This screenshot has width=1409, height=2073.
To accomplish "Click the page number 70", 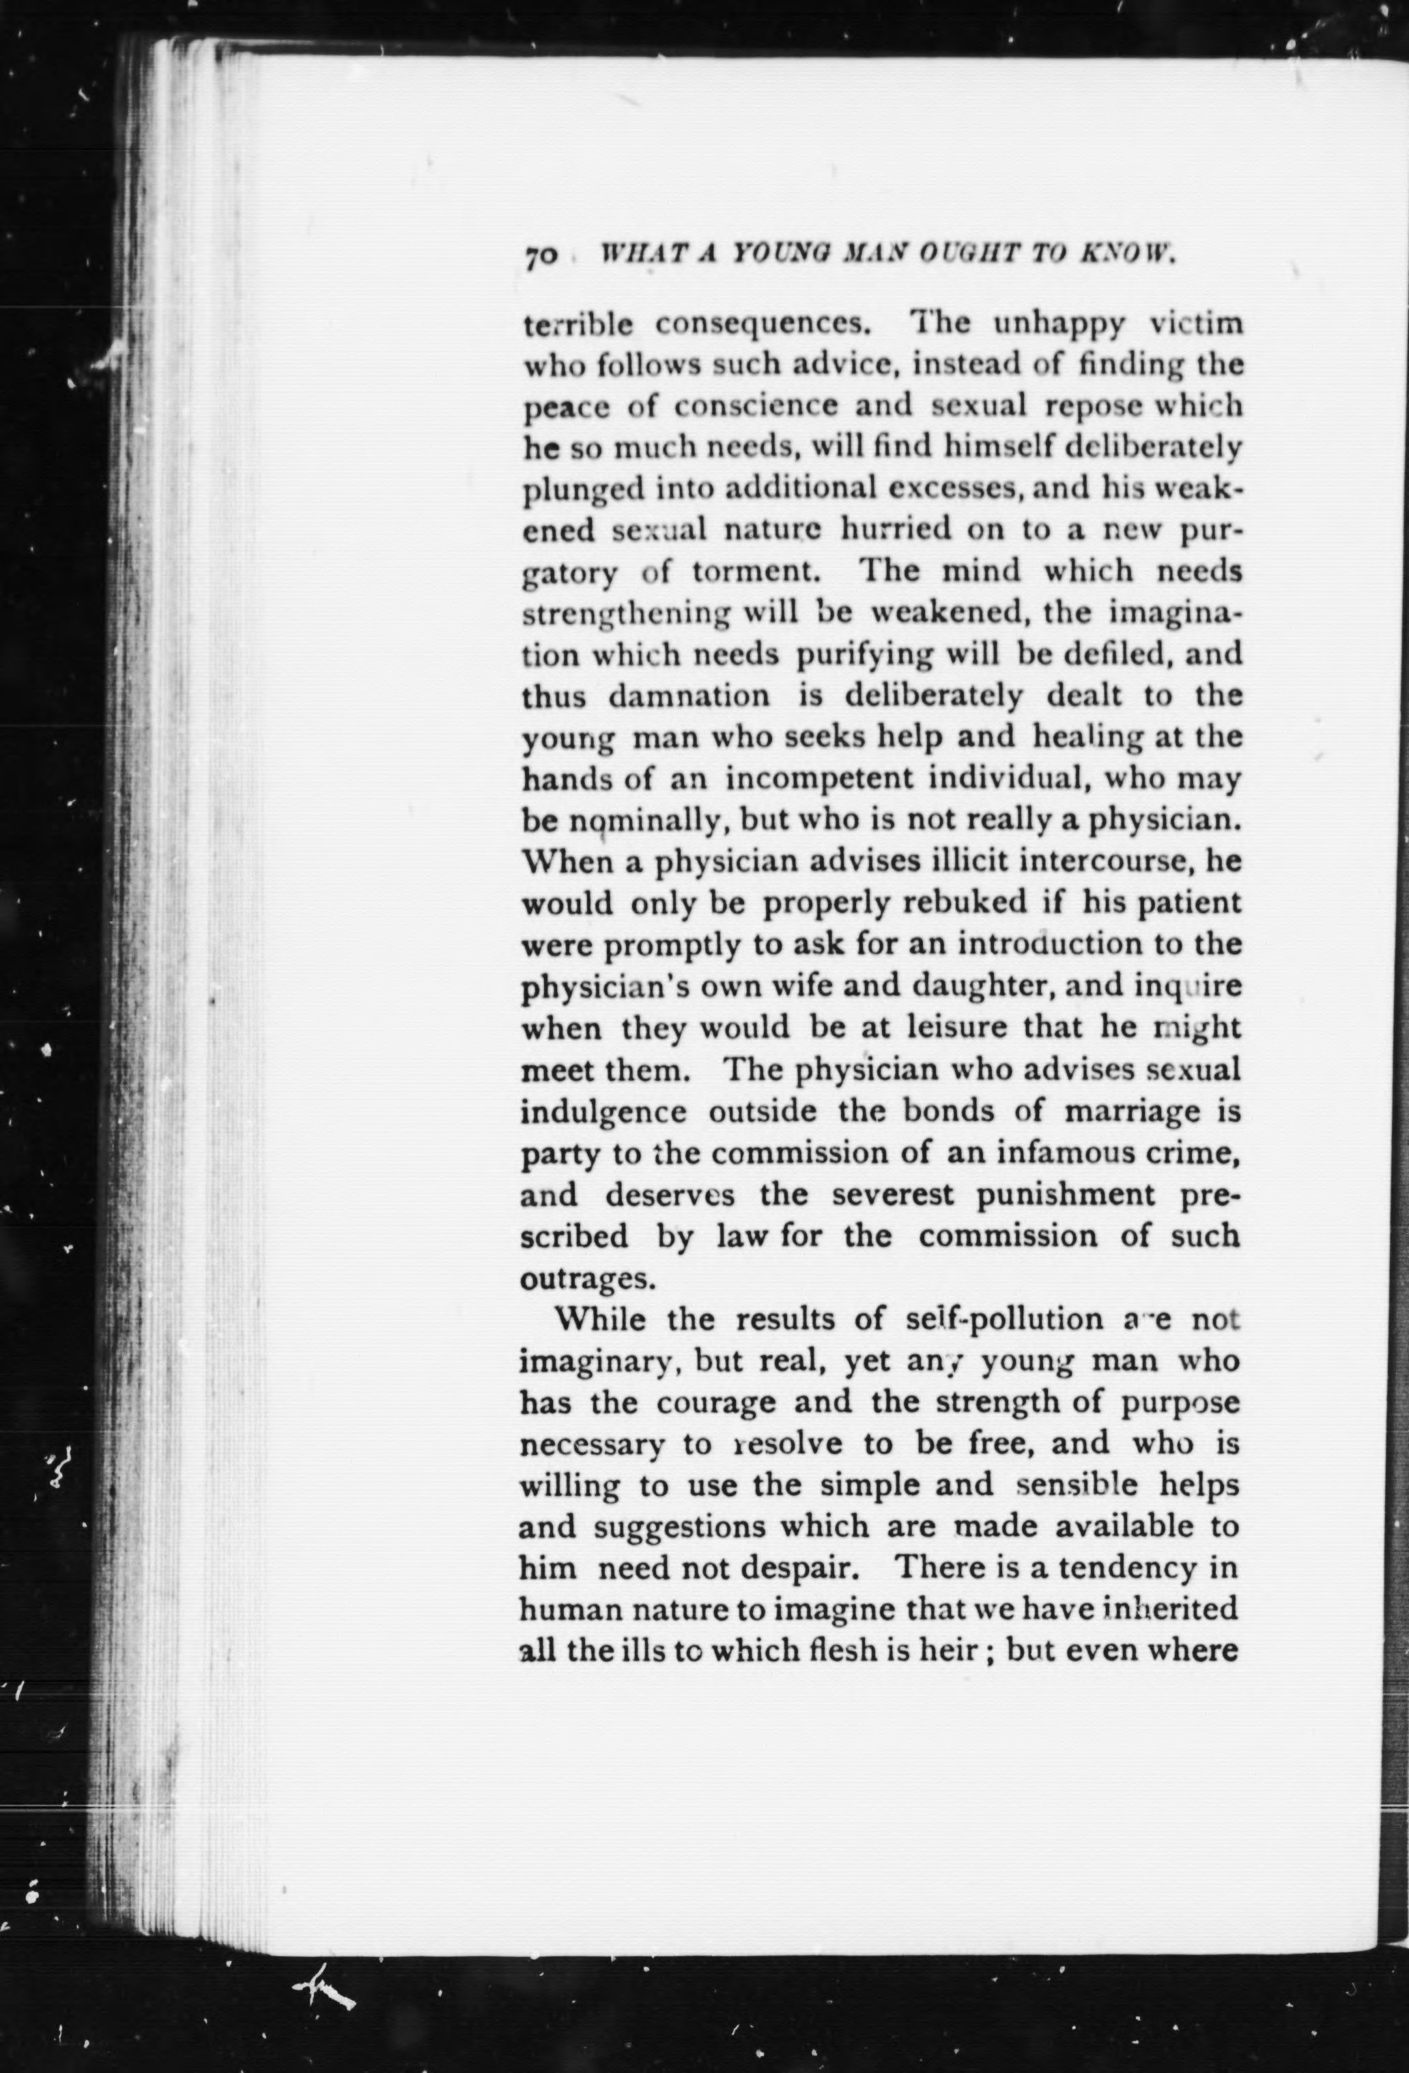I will [x=541, y=255].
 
